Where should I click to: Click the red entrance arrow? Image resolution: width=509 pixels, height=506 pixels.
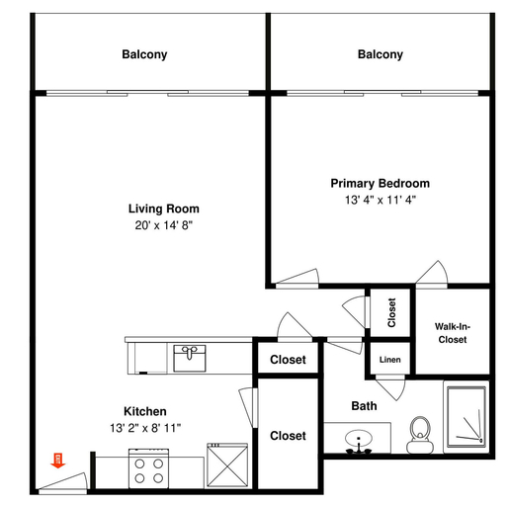(x=58, y=461)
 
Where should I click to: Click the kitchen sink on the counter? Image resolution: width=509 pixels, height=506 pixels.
(x=190, y=359)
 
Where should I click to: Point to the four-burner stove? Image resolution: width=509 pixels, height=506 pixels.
(x=148, y=468)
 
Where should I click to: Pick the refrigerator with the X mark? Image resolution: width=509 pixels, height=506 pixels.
(x=227, y=465)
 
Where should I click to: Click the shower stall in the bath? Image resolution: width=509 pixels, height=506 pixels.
(x=467, y=417)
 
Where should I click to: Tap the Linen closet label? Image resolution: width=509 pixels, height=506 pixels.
(x=390, y=360)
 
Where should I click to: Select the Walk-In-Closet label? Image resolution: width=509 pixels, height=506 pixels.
(x=453, y=333)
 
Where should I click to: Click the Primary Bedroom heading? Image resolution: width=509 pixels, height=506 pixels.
(x=381, y=183)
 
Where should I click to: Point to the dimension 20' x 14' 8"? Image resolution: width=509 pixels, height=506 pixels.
(x=164, y=225)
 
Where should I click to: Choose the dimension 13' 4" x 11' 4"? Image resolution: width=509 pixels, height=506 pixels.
(x=381, y=200)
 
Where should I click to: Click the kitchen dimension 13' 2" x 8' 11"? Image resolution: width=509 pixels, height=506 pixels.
(x=145, y=428)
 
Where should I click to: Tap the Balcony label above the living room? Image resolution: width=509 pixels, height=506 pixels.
(x=144, y=54)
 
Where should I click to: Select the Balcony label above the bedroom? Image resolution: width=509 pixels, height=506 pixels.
(x=381, y=54)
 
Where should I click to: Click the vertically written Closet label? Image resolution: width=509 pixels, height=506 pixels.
(x=391, y=312)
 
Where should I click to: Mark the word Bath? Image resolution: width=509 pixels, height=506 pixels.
(x=364, y=406)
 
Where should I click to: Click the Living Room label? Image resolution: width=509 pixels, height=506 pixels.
(x=164, y=209)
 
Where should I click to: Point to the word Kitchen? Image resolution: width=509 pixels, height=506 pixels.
(x=145, y=411)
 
